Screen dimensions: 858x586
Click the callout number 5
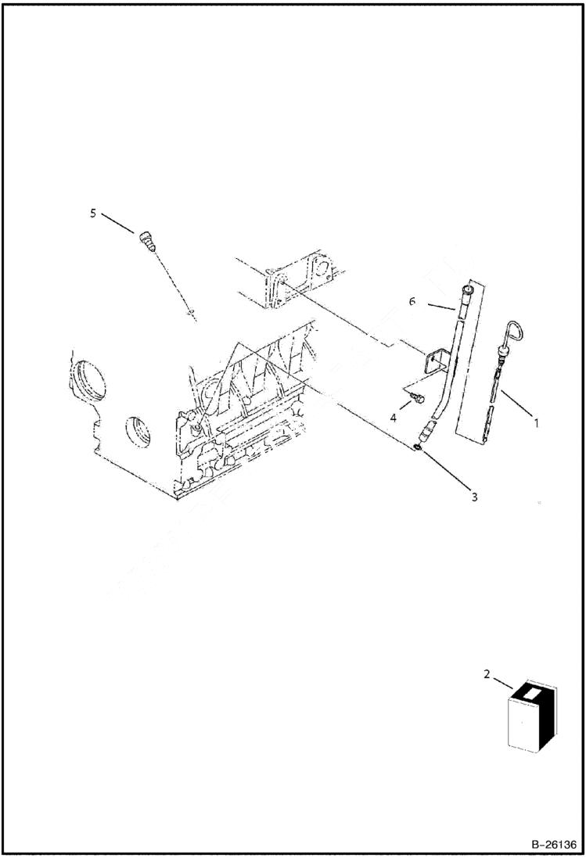click(x=93, y=213)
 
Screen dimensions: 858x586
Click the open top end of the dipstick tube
click(x=467, y=291)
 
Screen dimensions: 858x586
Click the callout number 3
click(x=474, y=496)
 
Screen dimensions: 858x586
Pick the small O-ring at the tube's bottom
click(x=420, y=445)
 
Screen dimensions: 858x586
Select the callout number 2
click(x=487, y=673)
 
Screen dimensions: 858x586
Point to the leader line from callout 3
click(x=447, y=470)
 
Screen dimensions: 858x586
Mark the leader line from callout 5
click(x=118, y=224)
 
